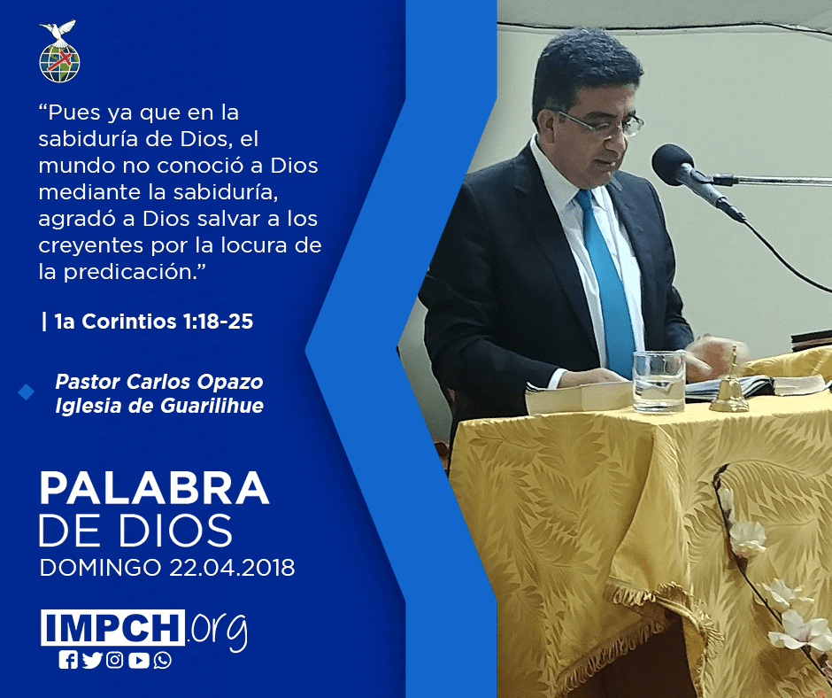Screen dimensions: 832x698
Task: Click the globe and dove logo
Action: [x=59, y=51]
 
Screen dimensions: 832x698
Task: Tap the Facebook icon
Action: [x=68, y=660]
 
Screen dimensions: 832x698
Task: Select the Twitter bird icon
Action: [x=92, y=660]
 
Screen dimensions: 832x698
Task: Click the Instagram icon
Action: [x=114, y=660]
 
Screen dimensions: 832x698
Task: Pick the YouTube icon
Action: [x=138, y=660]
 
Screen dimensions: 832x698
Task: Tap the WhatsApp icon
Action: [x=162, y=660]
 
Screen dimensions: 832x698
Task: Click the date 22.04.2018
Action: [x=232, y=567]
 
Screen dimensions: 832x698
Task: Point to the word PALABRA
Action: [x=154, y=487]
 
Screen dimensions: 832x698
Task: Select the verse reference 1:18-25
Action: [x=218, y=322]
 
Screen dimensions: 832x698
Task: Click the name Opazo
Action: [x=230, y=382]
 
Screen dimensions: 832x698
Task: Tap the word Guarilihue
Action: [x=212, y=406]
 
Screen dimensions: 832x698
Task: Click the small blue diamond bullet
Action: [x=26, y=392]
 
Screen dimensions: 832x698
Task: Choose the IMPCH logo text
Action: [x=112, y=627]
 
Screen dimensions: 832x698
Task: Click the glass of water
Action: [x=659, y=381]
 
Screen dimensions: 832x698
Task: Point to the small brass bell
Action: [x=730, y=385]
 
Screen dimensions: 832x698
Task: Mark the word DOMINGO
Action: [x=100, y=567]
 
